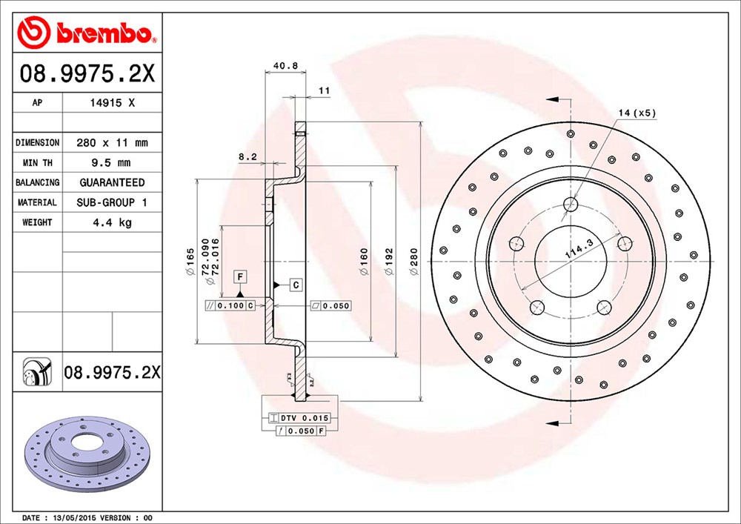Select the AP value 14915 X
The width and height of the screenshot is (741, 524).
113,102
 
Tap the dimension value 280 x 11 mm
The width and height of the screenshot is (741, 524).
112,143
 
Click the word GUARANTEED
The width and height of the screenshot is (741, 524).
112,182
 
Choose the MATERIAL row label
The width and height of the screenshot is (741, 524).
37,202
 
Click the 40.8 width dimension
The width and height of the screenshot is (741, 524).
286,66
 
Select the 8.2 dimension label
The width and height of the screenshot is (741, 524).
247,156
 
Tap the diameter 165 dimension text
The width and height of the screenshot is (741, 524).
190,262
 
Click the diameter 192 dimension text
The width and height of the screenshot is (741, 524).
388,262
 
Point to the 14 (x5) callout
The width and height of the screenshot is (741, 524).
637,113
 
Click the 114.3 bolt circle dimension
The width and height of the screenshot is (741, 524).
579,248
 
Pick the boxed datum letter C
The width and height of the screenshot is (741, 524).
296,285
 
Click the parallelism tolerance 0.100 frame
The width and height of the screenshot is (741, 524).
230,305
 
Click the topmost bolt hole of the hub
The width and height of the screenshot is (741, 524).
571,204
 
